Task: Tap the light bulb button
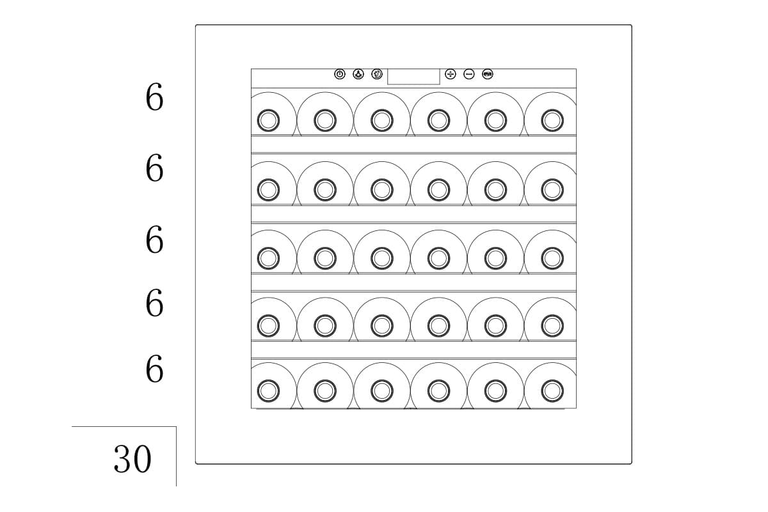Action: click(358, 74)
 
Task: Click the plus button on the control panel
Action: click(450, 74)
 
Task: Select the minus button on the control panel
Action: click(468, 74)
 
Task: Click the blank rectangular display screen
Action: click(413, 76)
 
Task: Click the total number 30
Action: click(132, 459)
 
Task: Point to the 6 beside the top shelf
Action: click(154, 97)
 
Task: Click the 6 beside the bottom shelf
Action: click(154, 369)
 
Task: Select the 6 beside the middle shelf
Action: click(154, 240)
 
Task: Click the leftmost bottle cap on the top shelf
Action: click(268, 120)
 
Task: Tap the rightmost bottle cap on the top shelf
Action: click(552, 120)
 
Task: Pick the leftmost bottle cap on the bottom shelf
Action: click(268, 390)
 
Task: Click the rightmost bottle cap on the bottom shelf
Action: click(552, 390)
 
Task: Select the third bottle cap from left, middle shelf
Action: click(382, 258)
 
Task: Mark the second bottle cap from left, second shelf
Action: click(325, 189)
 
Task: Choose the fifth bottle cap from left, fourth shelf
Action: click(495, 326)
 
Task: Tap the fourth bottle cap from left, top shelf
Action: click(439, 120)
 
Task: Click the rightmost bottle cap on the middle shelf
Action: click(552, 258)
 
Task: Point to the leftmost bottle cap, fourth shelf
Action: click(268, 326)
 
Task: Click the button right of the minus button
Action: click(487, 74)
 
